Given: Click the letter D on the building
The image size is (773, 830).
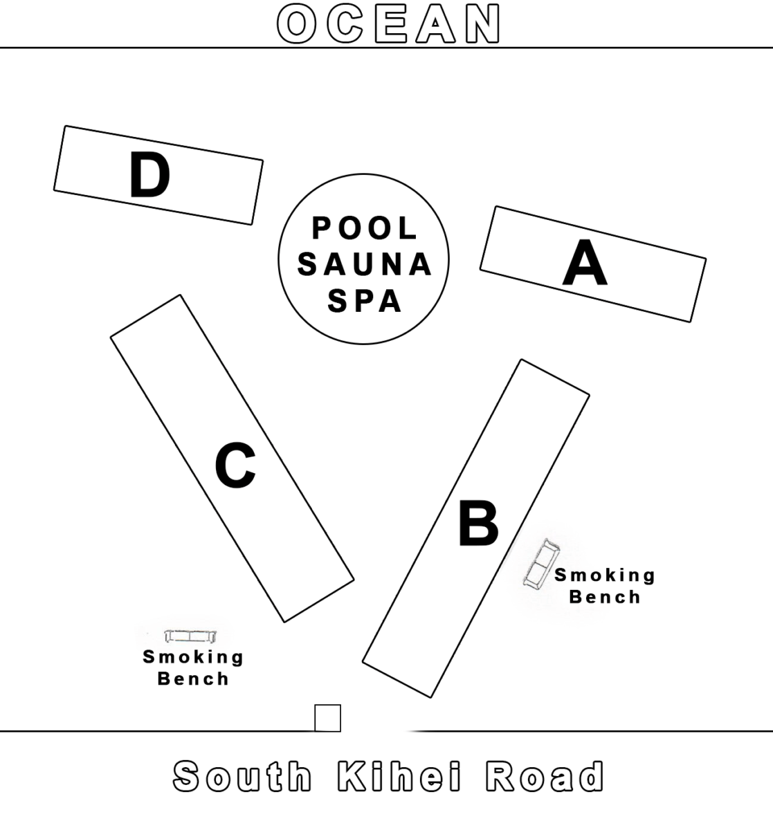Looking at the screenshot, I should (149, 176).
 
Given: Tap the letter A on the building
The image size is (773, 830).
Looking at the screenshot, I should (585, 264).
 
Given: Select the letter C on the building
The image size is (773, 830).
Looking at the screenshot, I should (235, 466).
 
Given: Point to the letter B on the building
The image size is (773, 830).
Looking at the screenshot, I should (478, 523).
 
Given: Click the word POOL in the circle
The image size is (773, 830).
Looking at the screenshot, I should (365, 228).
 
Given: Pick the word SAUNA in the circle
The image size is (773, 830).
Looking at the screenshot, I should (365, 265).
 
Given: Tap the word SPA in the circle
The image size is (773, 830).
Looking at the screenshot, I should (365, 301).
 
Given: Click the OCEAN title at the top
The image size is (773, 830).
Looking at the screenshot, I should (388, 24).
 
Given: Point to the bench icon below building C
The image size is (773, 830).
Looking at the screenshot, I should (190, 636).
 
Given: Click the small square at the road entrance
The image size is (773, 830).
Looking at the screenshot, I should (327, 718).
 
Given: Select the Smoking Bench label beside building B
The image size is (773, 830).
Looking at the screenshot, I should (605, 585).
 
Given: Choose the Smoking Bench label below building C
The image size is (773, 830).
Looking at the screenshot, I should (193, 667).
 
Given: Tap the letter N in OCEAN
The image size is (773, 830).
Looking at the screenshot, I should (482, 24).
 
